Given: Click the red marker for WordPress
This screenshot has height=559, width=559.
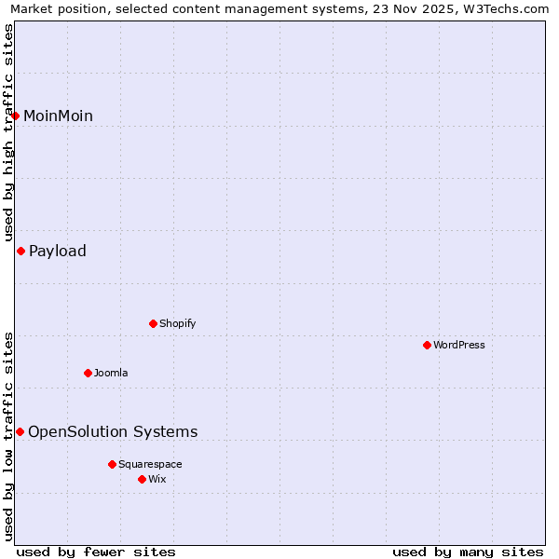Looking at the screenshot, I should tap(427, 345).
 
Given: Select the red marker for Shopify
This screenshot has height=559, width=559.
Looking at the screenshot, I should tap(153, 323).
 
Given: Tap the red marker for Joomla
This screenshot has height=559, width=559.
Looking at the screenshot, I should tap(88, 373).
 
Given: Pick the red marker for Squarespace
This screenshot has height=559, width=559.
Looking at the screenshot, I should tap(112, 464).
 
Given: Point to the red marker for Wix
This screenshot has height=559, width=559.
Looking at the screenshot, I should tap(142, 479).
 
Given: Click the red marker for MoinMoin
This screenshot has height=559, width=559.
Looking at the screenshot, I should tap(16, 116).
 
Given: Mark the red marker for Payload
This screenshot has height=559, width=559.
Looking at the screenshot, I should tap(20, 251).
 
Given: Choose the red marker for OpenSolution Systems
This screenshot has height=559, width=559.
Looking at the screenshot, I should tap(20, 431).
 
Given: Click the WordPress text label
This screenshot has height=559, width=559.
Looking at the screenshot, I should tap(459, 345).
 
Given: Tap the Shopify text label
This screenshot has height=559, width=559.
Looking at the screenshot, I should tap(177, 323).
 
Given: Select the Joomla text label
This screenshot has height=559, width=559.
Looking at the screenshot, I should tap(111, 373).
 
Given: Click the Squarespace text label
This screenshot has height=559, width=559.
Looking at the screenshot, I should tap(150, 464).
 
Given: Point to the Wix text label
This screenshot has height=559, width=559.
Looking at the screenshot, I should tap(157, 479).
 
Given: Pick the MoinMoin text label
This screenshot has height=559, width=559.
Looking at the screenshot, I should tap(58, 116).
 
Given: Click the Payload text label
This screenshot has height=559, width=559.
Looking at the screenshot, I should tap(58, 251).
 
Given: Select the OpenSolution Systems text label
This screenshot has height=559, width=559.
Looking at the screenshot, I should tap(113, 431).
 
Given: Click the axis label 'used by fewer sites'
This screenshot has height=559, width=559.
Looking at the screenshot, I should tap(96, 552).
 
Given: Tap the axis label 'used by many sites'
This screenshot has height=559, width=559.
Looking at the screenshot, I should tap(468, 552).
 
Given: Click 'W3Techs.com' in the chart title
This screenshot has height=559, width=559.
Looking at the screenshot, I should tap(507, 8).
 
